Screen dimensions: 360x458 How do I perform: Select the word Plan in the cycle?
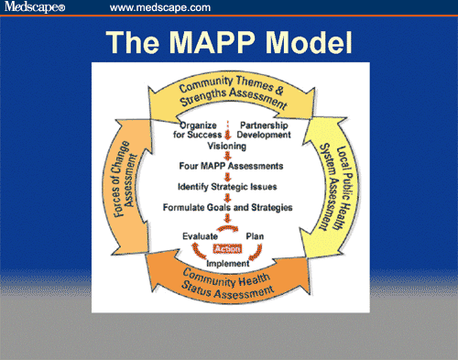pos(256,235)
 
